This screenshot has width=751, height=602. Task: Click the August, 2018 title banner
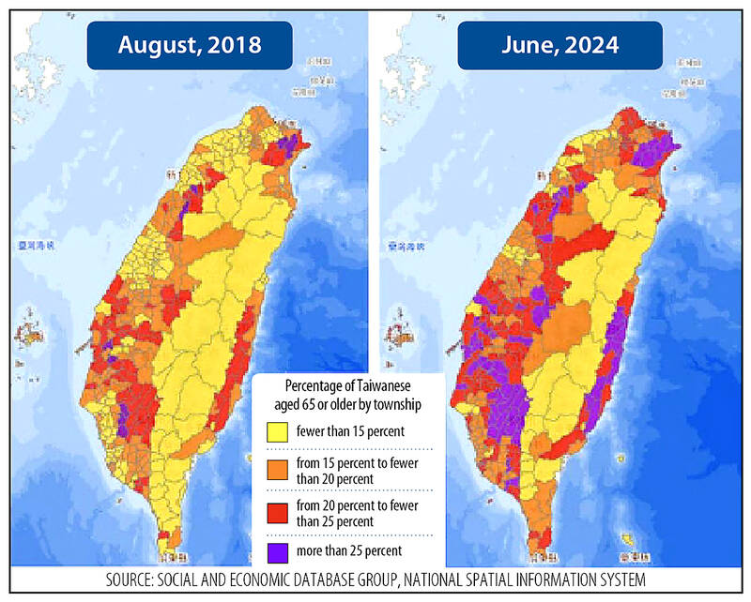coord(189,46)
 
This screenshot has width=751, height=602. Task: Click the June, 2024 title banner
coord(559,46)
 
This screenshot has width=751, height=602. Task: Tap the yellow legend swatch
coord(275,432)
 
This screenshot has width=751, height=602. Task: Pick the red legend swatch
coord(275,513)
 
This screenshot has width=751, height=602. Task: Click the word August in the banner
coord(158,46)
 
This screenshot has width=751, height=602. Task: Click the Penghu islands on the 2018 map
coord(35,332)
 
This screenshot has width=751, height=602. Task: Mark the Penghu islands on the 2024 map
coord(406,332)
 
